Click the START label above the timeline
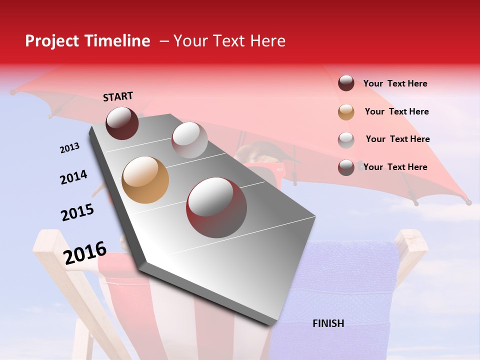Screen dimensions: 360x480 coord(118,96)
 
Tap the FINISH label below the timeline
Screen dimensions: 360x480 coord(328,323)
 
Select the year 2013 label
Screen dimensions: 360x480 coord(69,148)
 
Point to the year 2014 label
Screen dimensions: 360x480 coord(73,177)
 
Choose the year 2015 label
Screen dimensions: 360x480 coord(77,212)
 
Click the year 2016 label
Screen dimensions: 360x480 coord(85,253)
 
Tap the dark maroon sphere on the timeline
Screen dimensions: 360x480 coord(122,123)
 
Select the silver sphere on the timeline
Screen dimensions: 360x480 coord(189,139)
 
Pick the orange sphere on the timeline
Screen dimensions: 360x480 coord(145,180)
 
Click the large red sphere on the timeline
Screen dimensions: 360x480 coord(216,207)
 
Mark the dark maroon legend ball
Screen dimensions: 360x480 coord(346,83)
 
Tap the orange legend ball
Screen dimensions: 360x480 coord(346,112)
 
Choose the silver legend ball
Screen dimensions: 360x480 coord(346,139)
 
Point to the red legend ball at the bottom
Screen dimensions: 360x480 coord(346,167)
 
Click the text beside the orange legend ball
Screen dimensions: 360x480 coord(396,111)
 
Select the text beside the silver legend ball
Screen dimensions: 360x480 coord(397,139)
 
